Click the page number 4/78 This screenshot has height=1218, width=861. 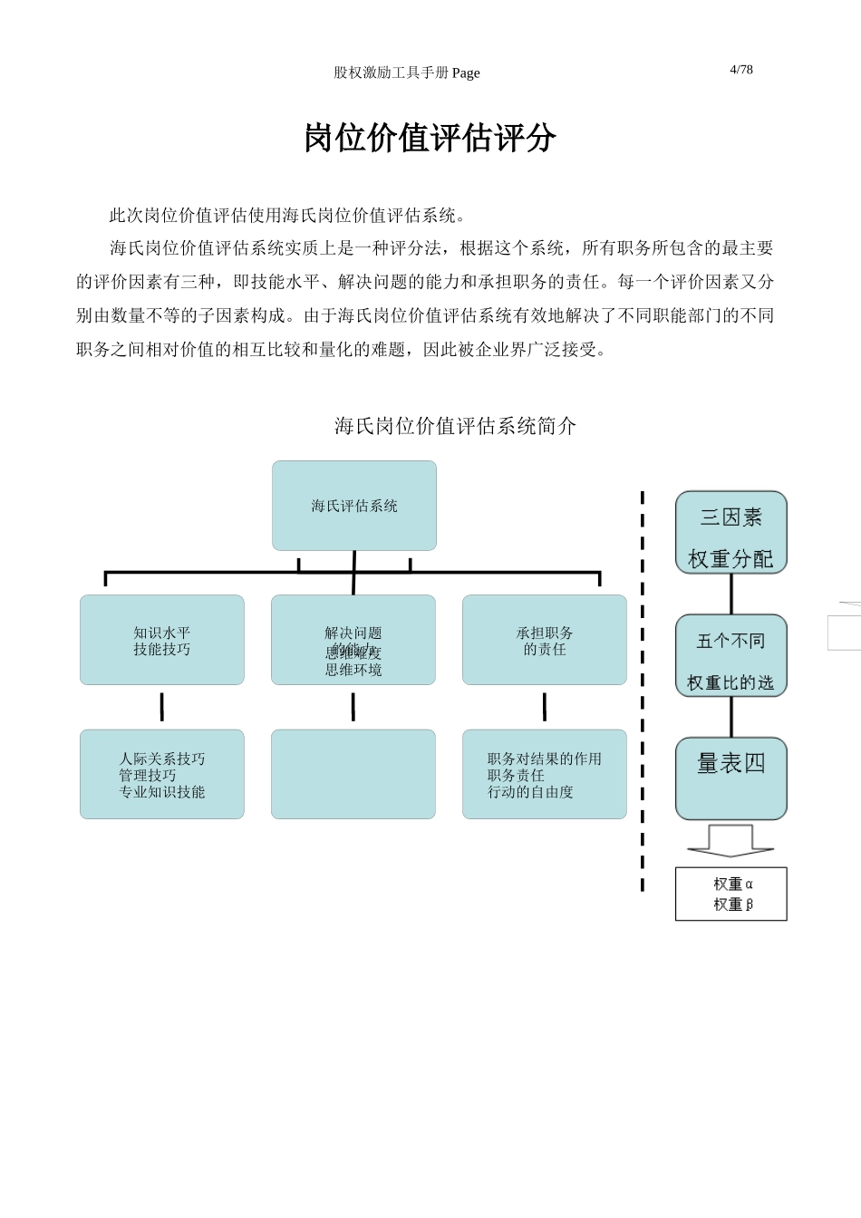pyautogui.click(x=740, y=70)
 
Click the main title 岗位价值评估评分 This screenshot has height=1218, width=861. pyautogui.click(x=430, y=138)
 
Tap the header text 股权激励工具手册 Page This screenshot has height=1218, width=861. pyautogui.click(x=406, y=73)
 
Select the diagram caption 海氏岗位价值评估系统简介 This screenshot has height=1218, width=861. pyautogui.click(x=455, y=426)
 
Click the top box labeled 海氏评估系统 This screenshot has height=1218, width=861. pyautogui.click(x=354, y=506)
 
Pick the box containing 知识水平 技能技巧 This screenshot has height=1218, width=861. pyautogui.click(x=162, y=640)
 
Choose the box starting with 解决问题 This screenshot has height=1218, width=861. pyautogui.click(x=353, y=640)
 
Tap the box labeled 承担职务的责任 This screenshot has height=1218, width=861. pyautogui.click(x=545, y=640)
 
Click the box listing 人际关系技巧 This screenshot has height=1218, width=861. pyautogui.click(x=162, y=775)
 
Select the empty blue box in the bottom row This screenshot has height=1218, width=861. pyautogui.click(x=353, y=775)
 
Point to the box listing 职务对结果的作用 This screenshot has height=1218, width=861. pyautogui.click(x=545, y=775)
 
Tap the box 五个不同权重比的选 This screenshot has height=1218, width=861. pyautogui.click(x=731, y=656)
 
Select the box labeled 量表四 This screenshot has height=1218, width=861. pyautogui.click(x=731, y=778)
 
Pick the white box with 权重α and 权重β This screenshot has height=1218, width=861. pyautogui.click(x=731, y=894)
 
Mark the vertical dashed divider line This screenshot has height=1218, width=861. pyautogui.click(x=643, y=689)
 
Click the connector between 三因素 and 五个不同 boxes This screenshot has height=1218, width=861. pyautogui.click(x=731, y=594)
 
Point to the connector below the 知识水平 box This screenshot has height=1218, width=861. pyautogui.click(x=162, y=707)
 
